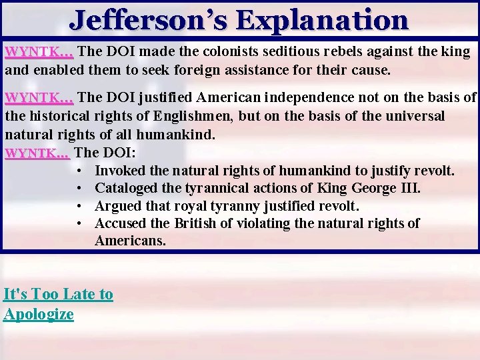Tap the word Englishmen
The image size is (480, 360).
191,116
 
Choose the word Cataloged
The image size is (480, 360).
126,188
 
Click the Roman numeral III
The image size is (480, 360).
409,188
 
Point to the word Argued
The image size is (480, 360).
117,205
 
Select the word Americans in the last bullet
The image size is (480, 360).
130,240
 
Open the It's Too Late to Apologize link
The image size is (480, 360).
58,303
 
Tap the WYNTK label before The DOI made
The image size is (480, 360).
39,51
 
